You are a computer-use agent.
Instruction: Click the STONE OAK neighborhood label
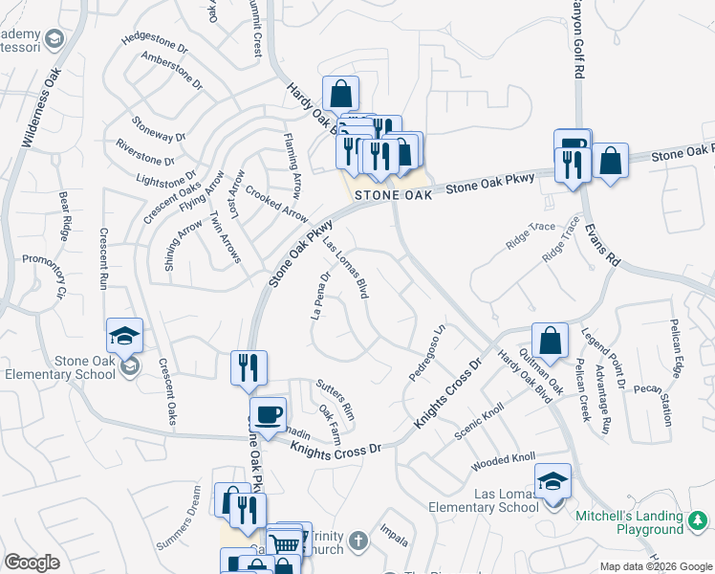[387, 194]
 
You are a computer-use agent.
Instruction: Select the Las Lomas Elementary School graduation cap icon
[552, 481]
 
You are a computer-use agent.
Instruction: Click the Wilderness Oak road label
[41, 106]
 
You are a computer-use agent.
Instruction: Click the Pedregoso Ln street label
[427, 355]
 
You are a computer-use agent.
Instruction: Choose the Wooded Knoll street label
[503, 462]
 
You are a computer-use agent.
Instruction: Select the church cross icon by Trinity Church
[358, 541]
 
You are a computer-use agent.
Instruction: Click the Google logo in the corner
[32, 563]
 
